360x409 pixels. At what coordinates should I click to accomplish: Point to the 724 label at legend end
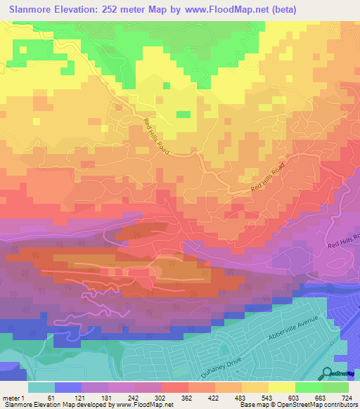tap(347, 398)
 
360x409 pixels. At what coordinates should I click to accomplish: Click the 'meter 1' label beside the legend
tap(13, 398)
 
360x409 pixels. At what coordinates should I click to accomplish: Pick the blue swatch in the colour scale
tap(67, 387)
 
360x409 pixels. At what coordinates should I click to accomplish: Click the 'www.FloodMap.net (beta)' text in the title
tap(234, 10)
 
